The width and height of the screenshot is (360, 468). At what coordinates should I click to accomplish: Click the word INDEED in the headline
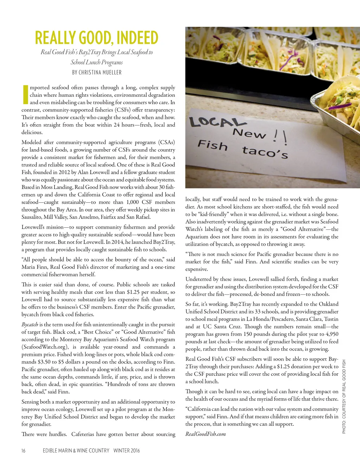[137, 38]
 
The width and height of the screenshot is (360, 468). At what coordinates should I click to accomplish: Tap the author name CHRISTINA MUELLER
[97, 72]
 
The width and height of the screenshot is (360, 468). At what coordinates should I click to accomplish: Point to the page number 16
[23, 450]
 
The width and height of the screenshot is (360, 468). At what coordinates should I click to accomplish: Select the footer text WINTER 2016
[127, 450]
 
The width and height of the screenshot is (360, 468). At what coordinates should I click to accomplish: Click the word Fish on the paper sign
[212, 145]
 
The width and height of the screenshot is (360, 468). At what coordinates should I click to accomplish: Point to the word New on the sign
[250, 133]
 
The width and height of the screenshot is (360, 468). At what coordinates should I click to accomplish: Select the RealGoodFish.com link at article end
[206, 434]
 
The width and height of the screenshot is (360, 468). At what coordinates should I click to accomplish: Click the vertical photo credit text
[344, 396]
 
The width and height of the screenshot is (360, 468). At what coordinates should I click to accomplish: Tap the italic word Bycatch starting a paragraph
[30, 324]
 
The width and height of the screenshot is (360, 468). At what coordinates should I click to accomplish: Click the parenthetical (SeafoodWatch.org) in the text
[45, 347]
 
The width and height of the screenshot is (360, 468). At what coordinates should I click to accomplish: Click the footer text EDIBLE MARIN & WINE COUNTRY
[76, 450]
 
